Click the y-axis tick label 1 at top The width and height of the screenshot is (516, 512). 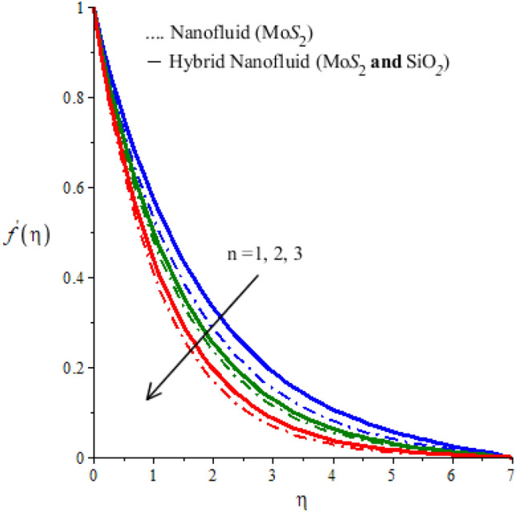83,8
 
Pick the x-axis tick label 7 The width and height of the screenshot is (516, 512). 511,473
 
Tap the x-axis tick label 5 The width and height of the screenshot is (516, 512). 392,473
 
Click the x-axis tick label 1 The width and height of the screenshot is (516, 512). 153,473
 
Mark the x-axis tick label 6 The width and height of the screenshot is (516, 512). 452,473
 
